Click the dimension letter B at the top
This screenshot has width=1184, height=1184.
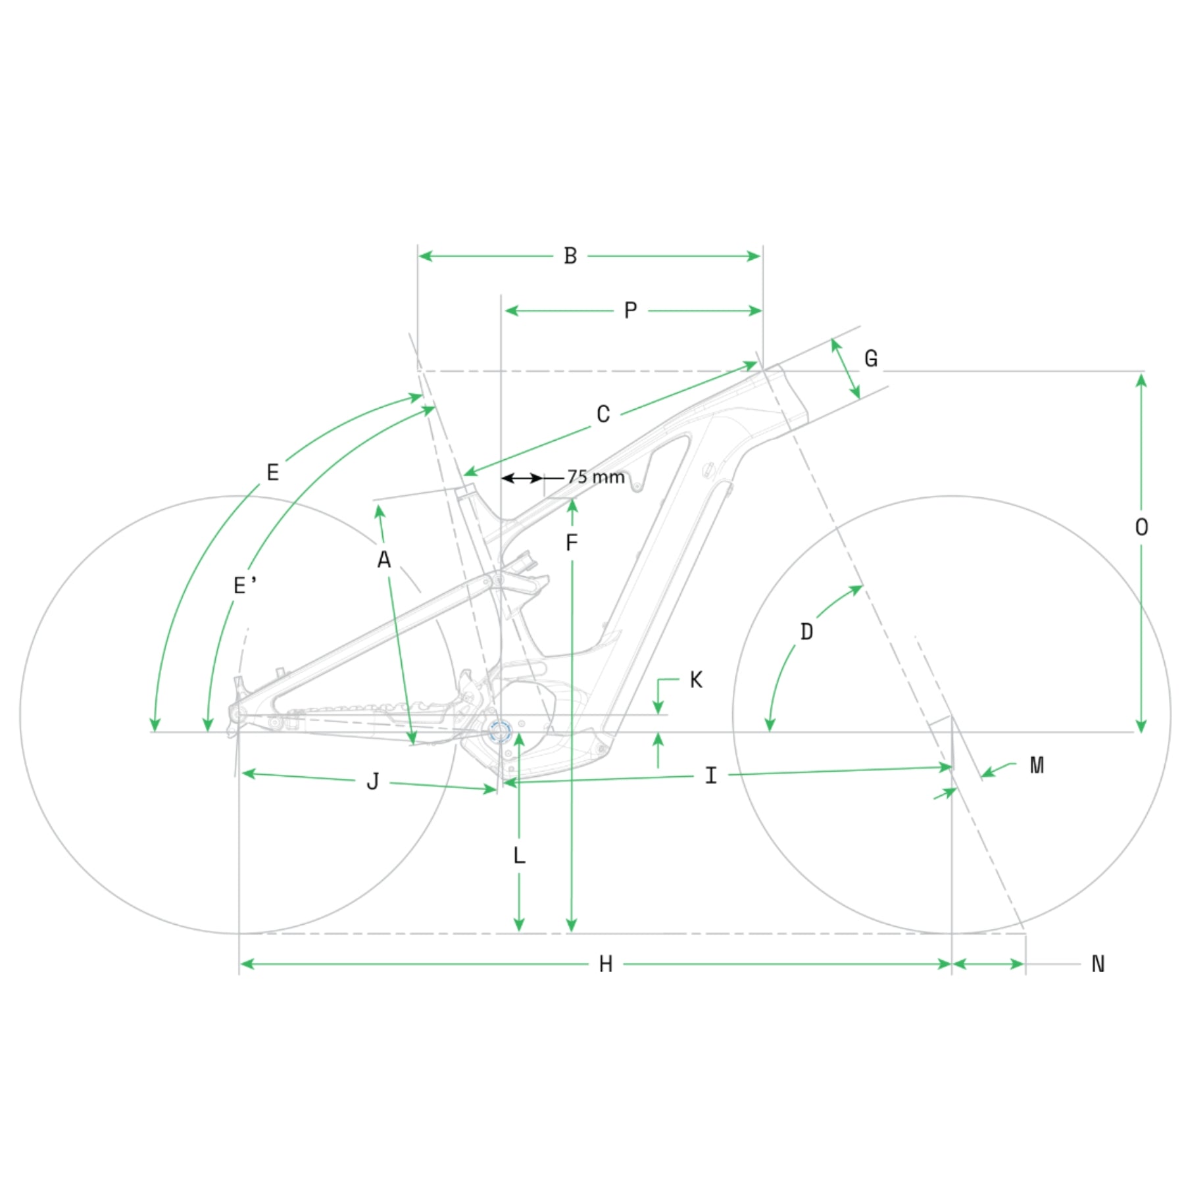point(570,256)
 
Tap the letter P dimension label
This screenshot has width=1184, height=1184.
point(630,310)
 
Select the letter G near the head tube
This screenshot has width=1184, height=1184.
point(871,358)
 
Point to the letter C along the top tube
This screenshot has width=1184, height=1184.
point(603,414)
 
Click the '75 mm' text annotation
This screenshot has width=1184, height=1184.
point(596,477)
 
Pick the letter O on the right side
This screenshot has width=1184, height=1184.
point(1142,527)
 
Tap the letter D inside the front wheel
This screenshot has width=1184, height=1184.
point(807,632)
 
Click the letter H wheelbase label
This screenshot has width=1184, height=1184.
point(606,964)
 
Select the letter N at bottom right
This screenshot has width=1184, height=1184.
point(1098,964)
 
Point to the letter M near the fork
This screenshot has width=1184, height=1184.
point(1037,765)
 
